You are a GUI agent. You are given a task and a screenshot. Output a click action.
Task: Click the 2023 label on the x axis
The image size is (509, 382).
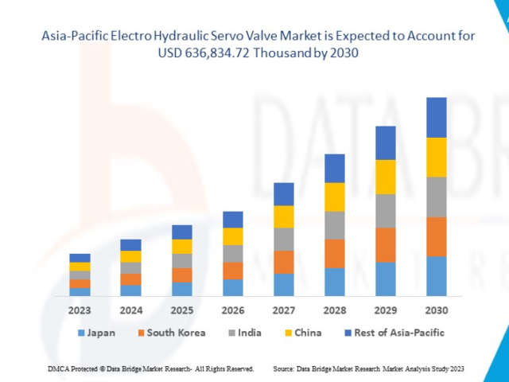[80, 310]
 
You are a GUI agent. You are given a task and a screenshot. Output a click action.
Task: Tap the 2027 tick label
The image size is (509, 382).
[284, 310]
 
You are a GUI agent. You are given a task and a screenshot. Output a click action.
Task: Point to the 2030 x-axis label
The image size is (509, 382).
[437, 310]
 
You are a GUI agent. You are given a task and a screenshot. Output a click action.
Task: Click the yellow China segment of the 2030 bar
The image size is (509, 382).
[437, 157]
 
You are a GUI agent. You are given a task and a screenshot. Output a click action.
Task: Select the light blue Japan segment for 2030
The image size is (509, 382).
[437, 276]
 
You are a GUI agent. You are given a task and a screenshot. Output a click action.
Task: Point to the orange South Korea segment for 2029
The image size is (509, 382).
[386, 245]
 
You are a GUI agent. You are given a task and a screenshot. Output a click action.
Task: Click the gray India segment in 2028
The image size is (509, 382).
[335, 225]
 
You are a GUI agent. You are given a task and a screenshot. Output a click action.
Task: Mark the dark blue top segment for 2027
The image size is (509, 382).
[284, 194]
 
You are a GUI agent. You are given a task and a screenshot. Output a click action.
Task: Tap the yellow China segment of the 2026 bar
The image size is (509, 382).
[233, 236]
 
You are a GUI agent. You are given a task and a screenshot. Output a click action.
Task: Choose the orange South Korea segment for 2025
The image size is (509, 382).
[182, 275]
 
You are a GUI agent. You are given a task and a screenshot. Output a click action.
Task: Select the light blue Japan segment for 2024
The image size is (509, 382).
[131, 290]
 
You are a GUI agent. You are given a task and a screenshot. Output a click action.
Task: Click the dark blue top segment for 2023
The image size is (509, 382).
[80, 258]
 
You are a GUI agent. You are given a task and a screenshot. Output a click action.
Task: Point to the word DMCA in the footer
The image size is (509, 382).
[58, 369]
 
